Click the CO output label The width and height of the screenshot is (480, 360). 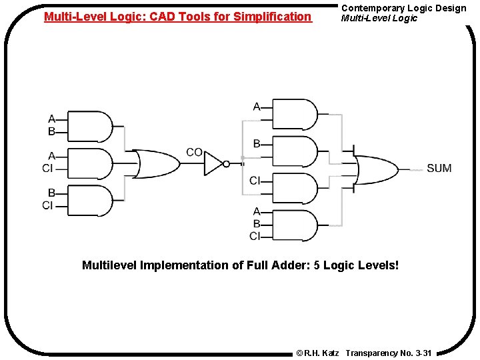(x=194, y=152)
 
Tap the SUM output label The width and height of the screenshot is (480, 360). (x=439, y=168)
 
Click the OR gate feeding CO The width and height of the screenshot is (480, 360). (x=156, y=164)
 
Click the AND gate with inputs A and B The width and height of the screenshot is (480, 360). (x=91, y=127)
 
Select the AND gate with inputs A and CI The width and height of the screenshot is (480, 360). (x=91, y=163)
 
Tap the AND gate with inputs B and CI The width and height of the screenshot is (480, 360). (x=91, y=200)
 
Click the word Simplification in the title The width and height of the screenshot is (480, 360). (x=273, y=16)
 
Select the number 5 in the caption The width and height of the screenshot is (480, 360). (x=317, y=265)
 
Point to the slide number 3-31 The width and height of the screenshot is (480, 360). (x=423, y=352)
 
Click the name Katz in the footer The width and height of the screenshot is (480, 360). (x=331, y=352)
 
